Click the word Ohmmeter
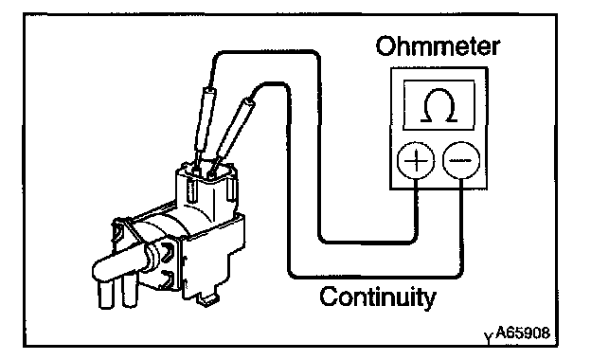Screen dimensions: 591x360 [x=438, y=46]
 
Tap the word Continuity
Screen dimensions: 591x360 [x=378, y=297]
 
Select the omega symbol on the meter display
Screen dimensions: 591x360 [x=439, y=106]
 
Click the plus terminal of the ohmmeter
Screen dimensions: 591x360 [x=416, y=161]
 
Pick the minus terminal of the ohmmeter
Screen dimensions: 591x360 [x=461, y=161]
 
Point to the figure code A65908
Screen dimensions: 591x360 [x=523, y=333]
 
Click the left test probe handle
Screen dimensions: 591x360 [x=205, y=119]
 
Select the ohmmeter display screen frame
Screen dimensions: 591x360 [x=439, y=105]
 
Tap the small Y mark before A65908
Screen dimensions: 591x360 [x=489, y=337]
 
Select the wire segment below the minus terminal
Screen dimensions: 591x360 [x=461, y=226]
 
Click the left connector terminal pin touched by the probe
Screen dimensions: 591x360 [x=196, y=170]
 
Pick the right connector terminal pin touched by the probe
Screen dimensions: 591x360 [x=212, y=173]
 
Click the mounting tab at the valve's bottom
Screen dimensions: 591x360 [x=206, y=298]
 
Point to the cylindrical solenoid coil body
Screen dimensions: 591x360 [x=158, y=230]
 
